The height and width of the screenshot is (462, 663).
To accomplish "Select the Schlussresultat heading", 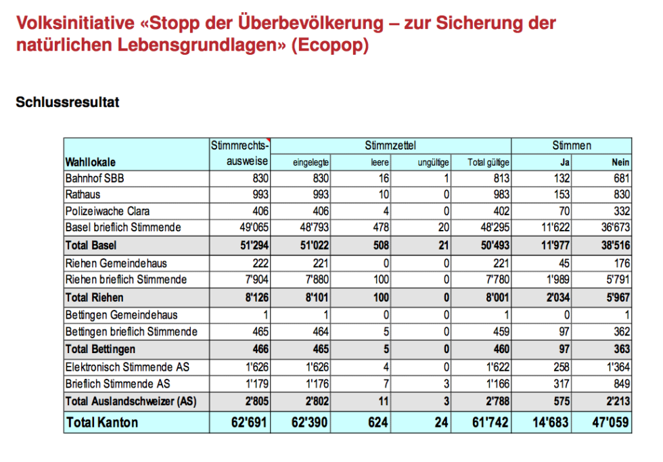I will click(68, 103).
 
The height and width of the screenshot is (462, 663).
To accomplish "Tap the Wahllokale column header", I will click(90, 162).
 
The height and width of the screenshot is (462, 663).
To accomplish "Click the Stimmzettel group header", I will click(390, 145).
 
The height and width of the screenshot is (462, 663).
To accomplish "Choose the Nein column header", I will click(620, 162).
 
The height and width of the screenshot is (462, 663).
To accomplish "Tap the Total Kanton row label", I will click(101, 423).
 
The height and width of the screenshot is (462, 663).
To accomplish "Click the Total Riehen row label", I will click(94, 296).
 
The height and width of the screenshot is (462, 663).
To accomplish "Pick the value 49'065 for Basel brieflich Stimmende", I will click(254, 227).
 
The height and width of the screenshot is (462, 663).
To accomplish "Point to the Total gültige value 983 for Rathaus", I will click(501, 195).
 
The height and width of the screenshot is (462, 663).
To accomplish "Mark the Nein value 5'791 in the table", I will click(616, 279).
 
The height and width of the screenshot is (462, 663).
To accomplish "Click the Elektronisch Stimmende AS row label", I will click(127, 367).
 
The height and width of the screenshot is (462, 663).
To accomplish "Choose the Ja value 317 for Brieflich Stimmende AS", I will click(561, 384).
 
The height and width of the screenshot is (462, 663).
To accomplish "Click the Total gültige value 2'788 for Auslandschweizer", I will click(495, 401).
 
